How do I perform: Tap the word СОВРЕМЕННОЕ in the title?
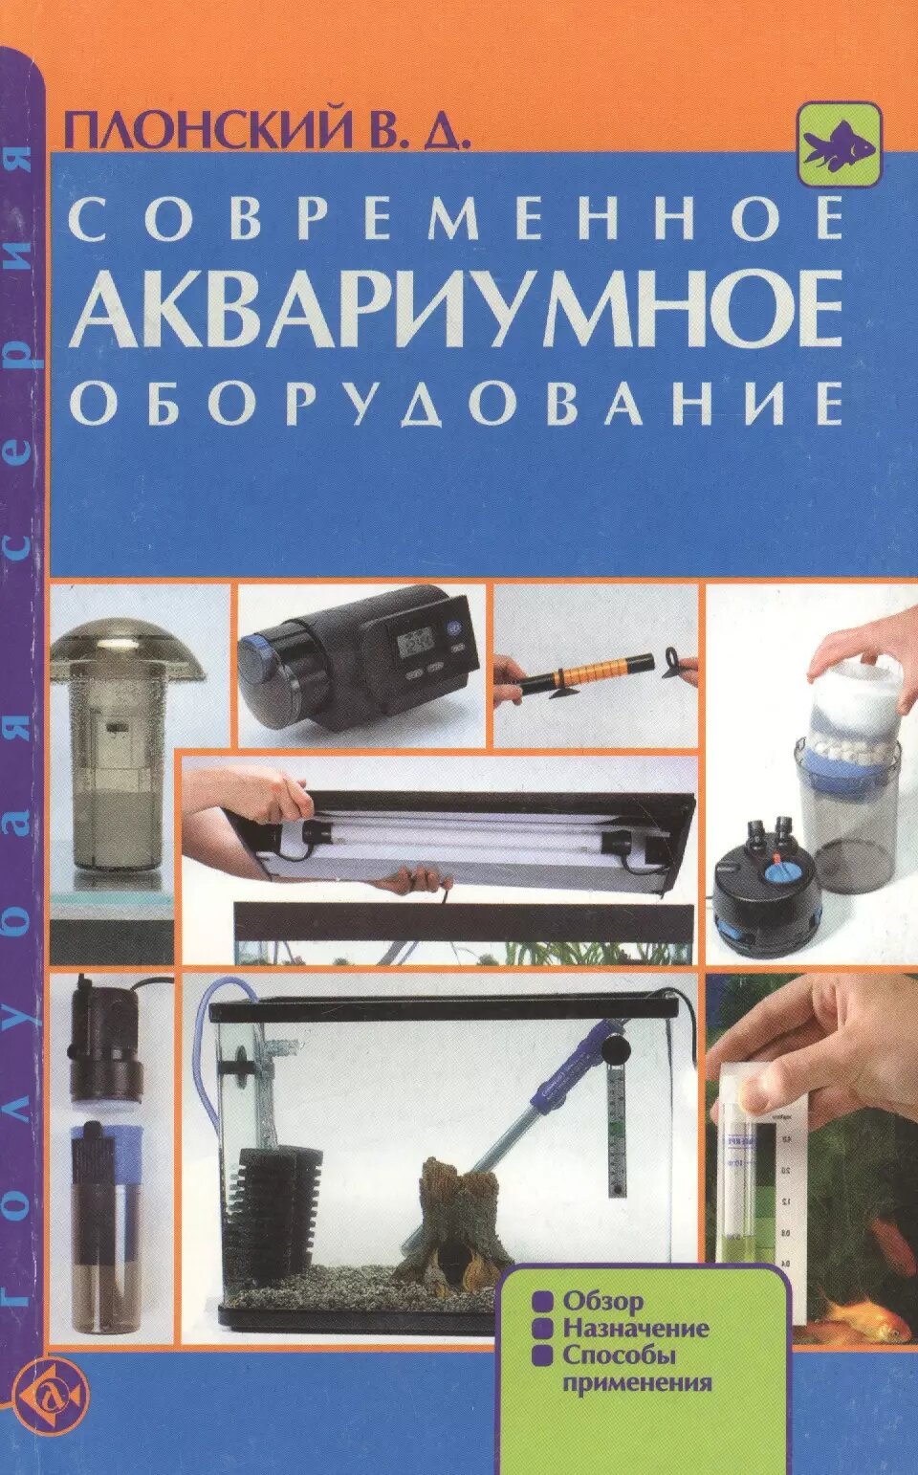[x=457, y=220]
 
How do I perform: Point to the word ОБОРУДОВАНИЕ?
[x=457, y=403]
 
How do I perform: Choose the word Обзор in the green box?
[x=602, y=1301]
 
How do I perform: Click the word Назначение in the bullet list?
[x=635, y=1329]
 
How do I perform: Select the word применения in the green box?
[x=637, y=1382]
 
